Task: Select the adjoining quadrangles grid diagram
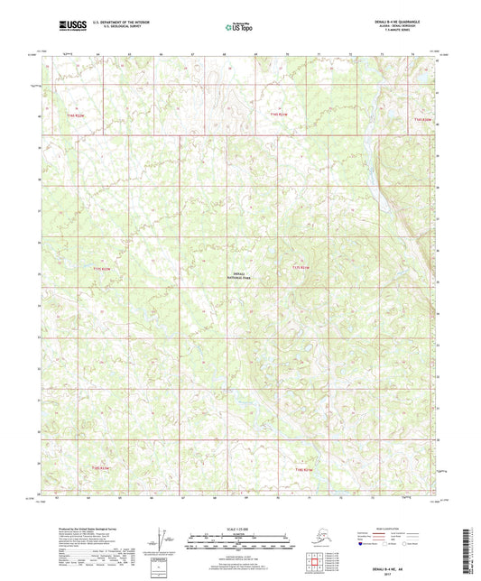tap(314, 563)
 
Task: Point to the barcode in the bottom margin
tap(472, 549)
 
